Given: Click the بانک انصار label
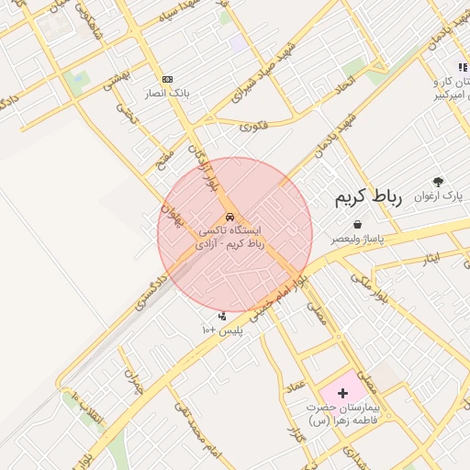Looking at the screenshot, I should [x=166, y=94].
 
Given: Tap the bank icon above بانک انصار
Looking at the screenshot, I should [x=167, y=80].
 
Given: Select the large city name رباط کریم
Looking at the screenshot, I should [x=363, y=197].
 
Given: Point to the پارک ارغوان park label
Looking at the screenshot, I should [x=440, y=196].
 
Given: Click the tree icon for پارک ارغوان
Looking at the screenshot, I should [x=438, y=182].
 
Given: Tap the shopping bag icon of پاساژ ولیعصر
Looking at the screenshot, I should [x=356, y=225].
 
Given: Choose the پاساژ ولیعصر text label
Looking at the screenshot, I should [x=357, y=239].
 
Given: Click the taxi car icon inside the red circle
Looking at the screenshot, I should [x=229, y=217].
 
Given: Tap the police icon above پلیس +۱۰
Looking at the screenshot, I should [x=221, y=316].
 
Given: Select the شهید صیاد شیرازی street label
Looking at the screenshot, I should [x=260, y=72].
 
